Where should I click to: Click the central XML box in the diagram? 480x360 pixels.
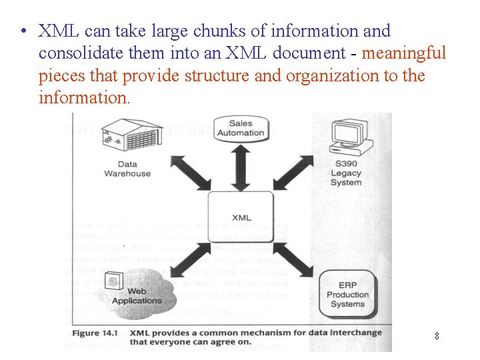tap(241, 217)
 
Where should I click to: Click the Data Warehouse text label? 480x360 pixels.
tap(127, 169)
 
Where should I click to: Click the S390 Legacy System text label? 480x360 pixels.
tap(346, 173)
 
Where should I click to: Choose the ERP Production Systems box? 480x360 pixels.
tap(347, 294)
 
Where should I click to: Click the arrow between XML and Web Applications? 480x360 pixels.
tap(189, 261)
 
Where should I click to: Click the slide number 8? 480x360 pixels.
tap(437, 336)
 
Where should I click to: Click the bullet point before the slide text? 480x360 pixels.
tap(23, 31)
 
